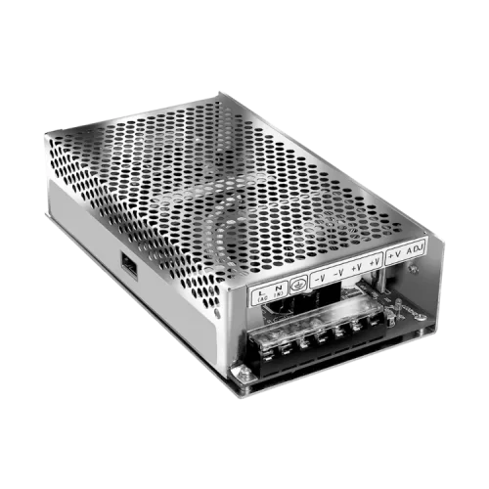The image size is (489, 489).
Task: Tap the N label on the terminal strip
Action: [278, 286]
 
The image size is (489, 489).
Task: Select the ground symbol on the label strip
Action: [300, 282]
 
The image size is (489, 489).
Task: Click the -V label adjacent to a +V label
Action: [339, 272]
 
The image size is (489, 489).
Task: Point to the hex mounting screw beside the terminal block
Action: [238, 371]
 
